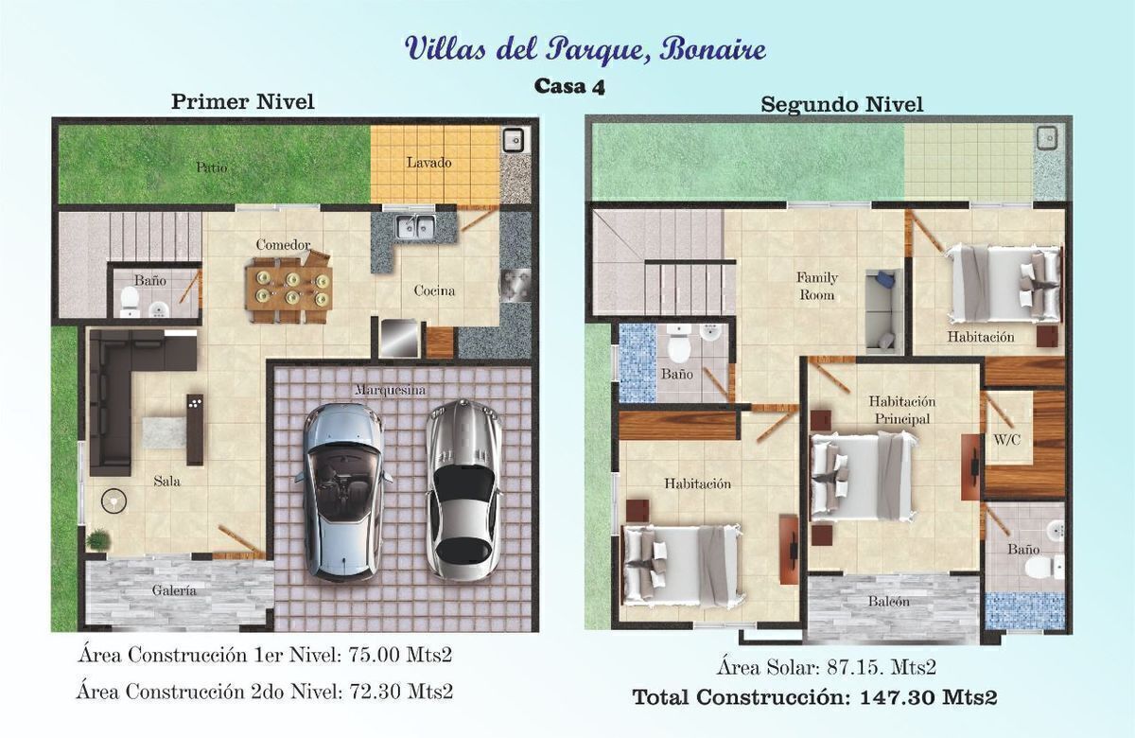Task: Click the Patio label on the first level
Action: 212,167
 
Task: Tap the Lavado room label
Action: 428,163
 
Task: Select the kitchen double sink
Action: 415,226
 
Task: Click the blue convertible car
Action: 343,492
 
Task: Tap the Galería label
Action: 174,590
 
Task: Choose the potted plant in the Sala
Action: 97,539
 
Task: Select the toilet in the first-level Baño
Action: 131,303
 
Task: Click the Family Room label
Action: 817,287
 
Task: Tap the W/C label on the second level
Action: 1006,440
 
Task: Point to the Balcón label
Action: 889,602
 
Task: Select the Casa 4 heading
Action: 569,86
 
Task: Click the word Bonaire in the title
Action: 712,49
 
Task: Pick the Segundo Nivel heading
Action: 842,105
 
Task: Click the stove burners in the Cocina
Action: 515,286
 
